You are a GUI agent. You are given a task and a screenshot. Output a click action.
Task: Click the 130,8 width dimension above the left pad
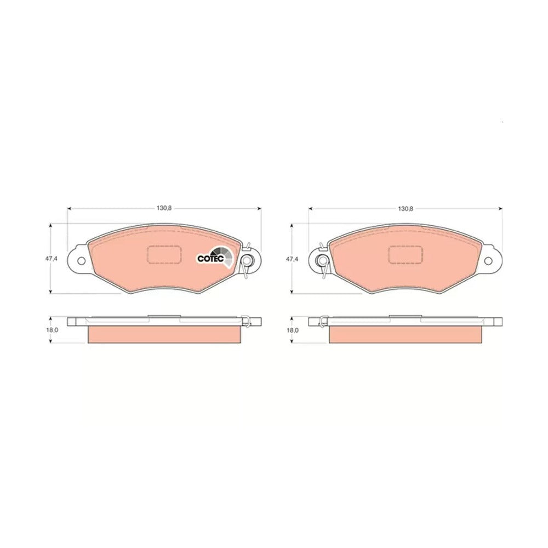[164, 208]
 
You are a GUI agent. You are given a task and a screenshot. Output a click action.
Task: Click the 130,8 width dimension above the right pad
[406, 209]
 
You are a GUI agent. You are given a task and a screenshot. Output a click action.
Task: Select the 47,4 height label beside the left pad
[50, 259]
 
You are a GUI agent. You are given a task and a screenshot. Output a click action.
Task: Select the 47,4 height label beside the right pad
[292, 259]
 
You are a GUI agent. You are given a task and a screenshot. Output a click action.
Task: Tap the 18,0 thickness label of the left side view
[50, 329]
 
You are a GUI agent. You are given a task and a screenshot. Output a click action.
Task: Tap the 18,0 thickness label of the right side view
[292, 330]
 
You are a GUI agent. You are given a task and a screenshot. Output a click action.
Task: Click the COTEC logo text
[210, 259]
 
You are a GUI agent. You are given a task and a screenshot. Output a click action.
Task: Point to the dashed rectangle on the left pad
[164, 254]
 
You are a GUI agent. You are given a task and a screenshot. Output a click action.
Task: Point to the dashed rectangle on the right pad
[406, 254]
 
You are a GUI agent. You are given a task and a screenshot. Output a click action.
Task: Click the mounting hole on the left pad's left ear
[81, 261]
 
